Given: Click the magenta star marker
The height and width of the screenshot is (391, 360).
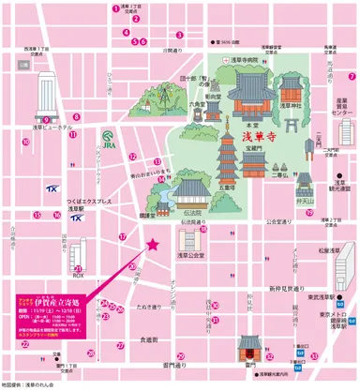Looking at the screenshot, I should point(150,245).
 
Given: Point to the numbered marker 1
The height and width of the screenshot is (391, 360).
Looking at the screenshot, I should point(116,8).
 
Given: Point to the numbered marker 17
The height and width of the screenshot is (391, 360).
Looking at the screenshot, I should point(123,236).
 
